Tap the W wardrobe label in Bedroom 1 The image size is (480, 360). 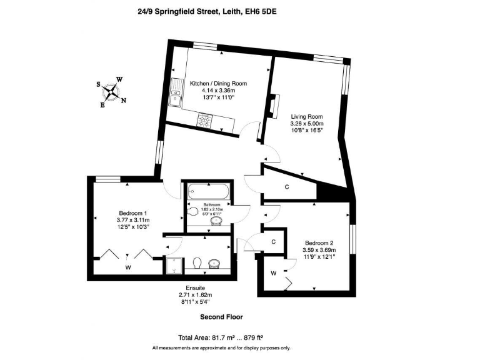(x=127, y=267)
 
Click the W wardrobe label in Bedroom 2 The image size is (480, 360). (x=274, y=273)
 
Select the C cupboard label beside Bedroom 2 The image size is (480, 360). (x=274, y=241)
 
